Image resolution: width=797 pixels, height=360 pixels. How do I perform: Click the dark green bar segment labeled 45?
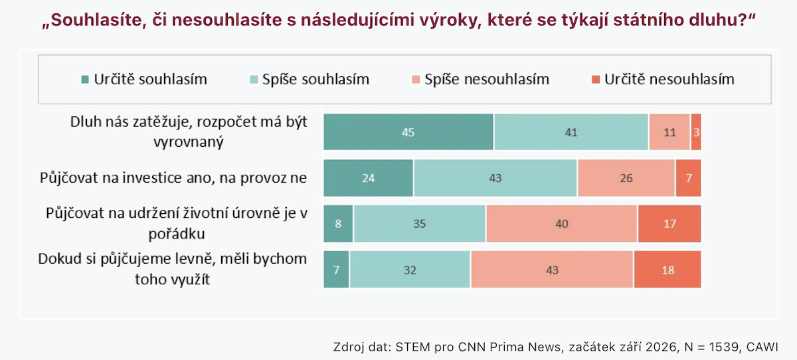click(408, 132)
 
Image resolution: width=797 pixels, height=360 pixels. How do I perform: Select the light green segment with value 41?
click(571, 132)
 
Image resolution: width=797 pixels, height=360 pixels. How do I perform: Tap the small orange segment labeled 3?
click(696, 132)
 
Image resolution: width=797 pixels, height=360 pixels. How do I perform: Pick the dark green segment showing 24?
click(368, 178)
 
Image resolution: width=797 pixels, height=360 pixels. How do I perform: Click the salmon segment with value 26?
click(626, 178)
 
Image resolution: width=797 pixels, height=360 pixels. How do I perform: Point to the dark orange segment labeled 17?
click(669, 223)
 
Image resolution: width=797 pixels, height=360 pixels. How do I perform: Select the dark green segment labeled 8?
click(338, 223)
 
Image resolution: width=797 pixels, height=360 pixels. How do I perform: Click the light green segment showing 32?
click(410, 269)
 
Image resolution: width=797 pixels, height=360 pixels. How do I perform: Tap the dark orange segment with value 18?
click(667, 269)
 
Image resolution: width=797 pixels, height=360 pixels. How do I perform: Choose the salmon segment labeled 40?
click(562, 223)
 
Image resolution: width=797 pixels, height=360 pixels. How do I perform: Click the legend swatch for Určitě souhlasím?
click(85, 79)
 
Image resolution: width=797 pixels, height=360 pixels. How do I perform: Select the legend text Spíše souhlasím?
click(315, 79)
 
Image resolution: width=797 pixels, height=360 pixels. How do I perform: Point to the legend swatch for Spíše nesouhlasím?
click(416, 79)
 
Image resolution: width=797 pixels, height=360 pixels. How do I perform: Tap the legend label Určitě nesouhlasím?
click(669, 79)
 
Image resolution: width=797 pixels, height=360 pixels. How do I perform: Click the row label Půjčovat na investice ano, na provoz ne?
click(173, 177)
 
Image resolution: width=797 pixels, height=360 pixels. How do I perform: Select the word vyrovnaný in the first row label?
click(189, 142)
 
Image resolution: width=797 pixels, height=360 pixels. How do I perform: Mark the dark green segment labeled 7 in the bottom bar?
click(336, 269)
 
